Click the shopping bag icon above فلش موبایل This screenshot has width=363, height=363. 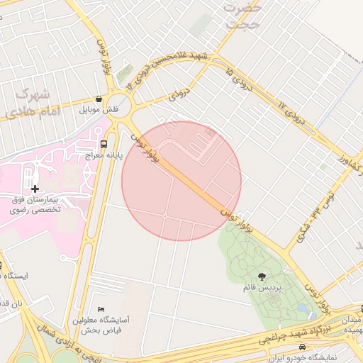pos(98,99)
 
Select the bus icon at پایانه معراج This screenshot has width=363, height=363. pos(105,143)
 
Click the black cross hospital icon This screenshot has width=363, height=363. pos(35,189)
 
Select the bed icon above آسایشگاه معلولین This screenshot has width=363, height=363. pos(101,310)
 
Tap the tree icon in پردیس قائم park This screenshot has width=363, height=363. pos(262,277)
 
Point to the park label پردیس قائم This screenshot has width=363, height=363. pos(262,289)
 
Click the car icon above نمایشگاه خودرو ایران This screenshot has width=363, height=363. pos(303,347)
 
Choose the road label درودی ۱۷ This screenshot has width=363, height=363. pos(291,114)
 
